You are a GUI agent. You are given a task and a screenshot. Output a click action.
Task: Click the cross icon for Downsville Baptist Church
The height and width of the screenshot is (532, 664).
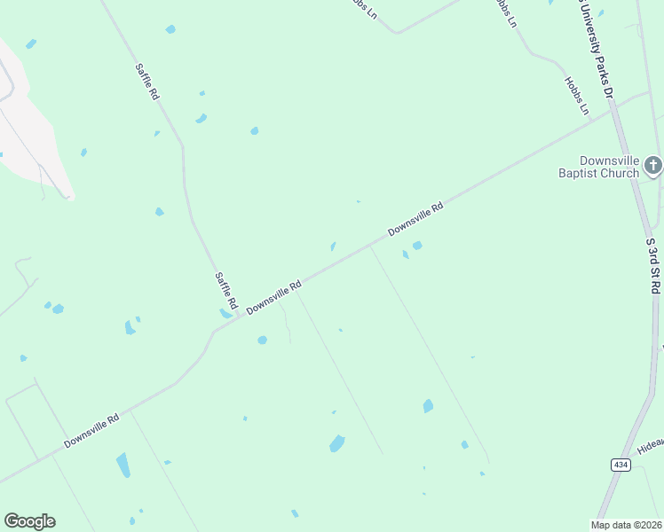(652, 165)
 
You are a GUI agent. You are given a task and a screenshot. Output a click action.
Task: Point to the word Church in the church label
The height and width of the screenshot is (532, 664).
(620, 173)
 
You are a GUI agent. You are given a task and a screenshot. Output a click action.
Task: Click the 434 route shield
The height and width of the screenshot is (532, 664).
(621, 465)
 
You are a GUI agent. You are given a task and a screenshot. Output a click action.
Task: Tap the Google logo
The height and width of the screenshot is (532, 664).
(29, 521)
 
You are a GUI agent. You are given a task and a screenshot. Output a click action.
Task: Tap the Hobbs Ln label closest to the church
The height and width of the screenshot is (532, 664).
(577, 96)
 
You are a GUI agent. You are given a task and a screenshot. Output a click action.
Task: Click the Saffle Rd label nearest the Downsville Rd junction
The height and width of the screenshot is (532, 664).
(225, 291)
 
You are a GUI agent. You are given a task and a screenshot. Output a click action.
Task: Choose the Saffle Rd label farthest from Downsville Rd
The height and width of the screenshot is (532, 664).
(146, 81)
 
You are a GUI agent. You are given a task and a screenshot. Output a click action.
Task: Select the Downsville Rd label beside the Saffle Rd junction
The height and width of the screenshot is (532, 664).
(274, 297)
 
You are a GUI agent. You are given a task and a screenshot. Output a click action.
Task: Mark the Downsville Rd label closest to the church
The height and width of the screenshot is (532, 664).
(415, 219)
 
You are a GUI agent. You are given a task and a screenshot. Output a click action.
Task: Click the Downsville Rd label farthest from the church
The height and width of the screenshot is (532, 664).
(91, 432)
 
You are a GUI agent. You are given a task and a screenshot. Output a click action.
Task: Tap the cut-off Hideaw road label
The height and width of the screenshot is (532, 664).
(651, 443)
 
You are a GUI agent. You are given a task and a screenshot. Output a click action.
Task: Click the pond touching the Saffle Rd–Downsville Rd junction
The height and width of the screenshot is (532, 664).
(225, 313)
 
